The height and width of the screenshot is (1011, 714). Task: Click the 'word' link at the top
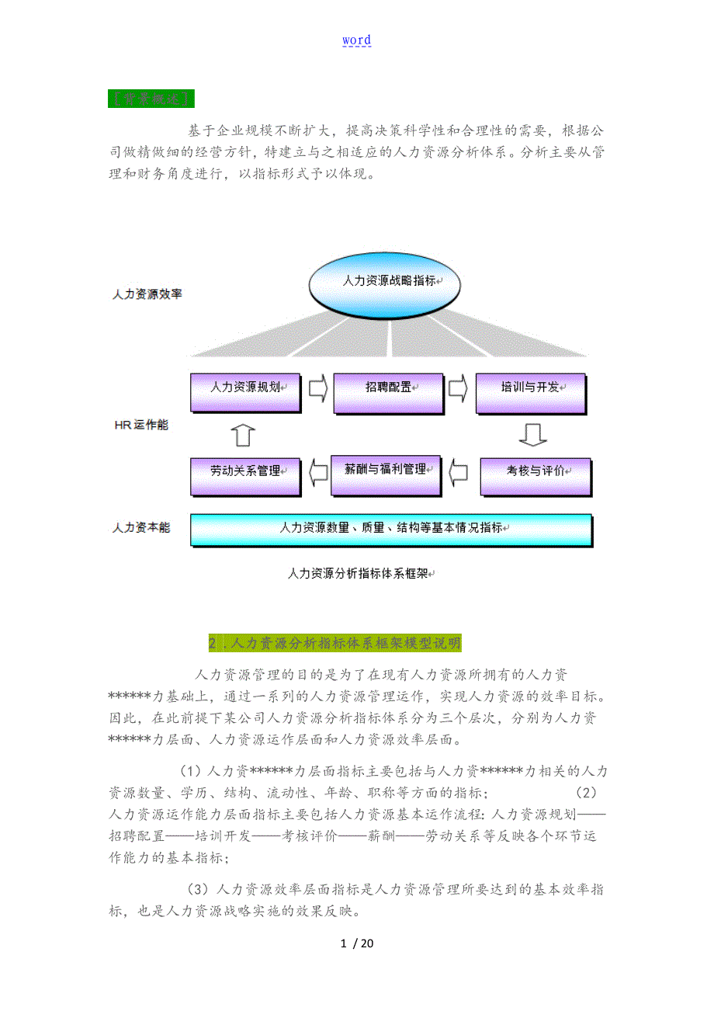point(356,40)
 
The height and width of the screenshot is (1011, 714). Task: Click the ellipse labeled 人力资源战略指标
point(390,281)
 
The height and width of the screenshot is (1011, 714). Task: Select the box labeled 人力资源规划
point(244,386)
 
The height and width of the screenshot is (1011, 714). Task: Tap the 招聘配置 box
point(387,386)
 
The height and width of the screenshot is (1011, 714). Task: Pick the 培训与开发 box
point(529,386)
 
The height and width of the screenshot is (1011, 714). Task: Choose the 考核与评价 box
point(535,471)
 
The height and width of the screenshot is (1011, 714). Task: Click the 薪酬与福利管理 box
point(385,470)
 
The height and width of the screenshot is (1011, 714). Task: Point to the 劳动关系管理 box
point(244,471)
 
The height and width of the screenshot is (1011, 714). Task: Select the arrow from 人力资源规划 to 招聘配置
point(317,387)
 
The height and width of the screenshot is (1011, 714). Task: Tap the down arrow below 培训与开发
point(532,433)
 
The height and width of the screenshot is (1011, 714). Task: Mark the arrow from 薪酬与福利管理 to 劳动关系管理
point(317,471)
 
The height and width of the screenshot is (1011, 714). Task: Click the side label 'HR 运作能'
point(140,426)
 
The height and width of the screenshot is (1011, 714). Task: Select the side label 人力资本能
point(141,527)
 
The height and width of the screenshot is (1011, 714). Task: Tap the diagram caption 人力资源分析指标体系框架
point(359,574)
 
